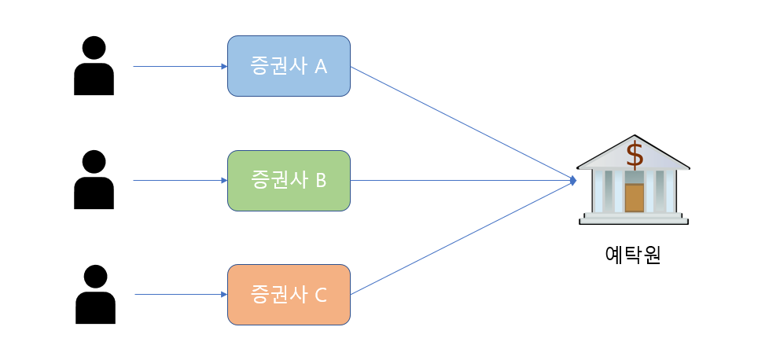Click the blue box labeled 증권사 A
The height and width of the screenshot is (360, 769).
[289, 66]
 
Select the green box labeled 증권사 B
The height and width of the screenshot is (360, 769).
[289, 181]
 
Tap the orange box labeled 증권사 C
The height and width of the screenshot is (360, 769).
[289, 295]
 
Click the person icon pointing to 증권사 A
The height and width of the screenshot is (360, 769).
[94, 68]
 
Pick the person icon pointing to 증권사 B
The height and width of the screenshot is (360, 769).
[94, 181]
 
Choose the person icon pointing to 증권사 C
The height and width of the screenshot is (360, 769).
[95, 296]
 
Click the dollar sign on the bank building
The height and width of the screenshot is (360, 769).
[634, 155]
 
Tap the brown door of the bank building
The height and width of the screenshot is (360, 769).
[634, 197]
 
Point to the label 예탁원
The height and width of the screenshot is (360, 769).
[633, 255]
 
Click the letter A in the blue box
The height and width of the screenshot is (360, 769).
[320, 67]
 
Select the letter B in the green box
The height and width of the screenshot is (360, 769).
[320, 181]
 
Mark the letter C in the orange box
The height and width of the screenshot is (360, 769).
[320, 296]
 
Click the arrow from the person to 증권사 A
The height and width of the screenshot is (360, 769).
[180, 67]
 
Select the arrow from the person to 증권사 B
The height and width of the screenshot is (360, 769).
[180, 181]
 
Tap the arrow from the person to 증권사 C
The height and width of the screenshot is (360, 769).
[181, 295]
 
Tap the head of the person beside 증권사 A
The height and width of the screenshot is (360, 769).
[94, 48]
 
